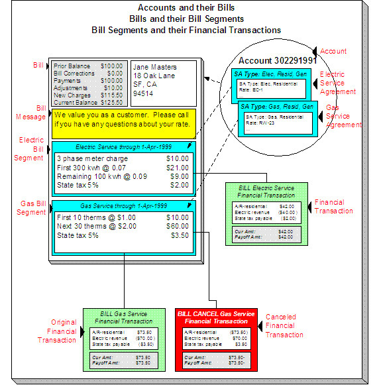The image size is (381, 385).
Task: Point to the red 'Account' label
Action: pyautogui.click(x=351, y=52)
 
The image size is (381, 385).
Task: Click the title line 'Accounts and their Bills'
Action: pyautogui.click(x=186, y=7)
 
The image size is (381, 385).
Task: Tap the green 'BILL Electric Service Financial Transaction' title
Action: pyautogui.click(x=265, y=192)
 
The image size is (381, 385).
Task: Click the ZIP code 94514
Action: pyautogui.click(x=143, y=93)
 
